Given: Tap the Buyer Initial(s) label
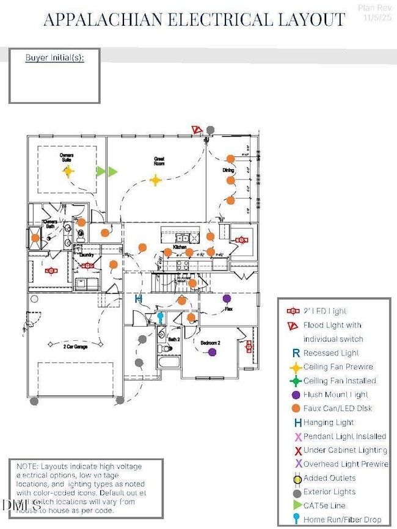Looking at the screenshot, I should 54,58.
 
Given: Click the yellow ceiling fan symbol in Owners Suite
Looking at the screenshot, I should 68,172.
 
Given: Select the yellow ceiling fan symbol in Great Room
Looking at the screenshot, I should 156,180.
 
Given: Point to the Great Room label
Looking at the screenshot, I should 159,161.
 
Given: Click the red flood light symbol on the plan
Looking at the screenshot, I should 196,130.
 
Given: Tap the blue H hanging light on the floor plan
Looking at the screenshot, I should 139,299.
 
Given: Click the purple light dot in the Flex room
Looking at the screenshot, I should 227,299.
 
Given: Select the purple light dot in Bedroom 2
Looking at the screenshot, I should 212,352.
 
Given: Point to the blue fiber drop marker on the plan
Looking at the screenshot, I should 161,316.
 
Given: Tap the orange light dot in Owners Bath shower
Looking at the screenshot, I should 36,238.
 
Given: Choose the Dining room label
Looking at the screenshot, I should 227,170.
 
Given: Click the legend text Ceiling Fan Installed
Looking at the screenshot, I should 340,381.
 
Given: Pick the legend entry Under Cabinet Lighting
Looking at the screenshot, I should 345,450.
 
